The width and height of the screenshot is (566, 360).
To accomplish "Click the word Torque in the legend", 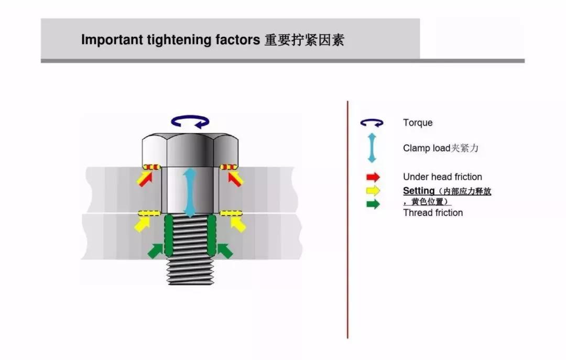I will coord(418,123).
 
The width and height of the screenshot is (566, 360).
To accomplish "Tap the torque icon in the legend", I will coord(372,123).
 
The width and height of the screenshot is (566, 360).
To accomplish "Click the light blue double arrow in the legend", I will coord(372,148).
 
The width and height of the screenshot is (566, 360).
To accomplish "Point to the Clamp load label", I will coord(440,148).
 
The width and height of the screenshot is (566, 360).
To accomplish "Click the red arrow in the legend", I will coord(373,177).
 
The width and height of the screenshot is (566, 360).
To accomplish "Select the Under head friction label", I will coord(442,177).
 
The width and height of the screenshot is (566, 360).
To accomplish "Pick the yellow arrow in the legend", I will coord(373,191).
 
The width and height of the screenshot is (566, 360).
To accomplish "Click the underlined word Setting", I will coord(419,191).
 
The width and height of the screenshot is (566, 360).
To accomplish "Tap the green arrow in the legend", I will coord(373,204).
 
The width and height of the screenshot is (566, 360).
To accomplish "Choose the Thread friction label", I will coord(433,213).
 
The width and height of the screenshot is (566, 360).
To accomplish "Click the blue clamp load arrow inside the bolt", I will coord(189,193).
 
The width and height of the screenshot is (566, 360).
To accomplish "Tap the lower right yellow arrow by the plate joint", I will coord(237,224).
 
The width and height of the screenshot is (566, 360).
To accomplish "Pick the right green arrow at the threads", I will coord(224,250).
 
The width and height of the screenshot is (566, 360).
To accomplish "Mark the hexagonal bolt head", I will coord(189,149).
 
